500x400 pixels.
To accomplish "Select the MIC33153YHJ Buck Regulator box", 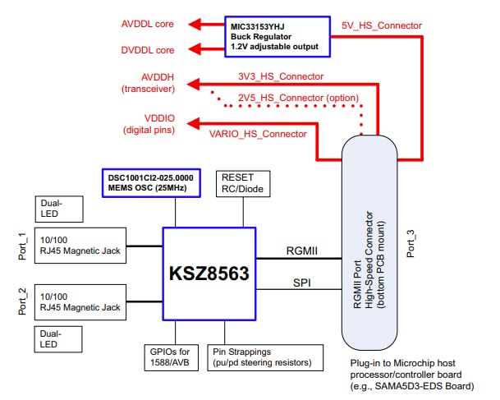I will click(278, 36).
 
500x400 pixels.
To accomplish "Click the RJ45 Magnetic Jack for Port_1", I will click(80, 244).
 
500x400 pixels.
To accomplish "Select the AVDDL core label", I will click(148, 24).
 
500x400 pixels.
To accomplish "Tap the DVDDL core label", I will click(148, 50).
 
